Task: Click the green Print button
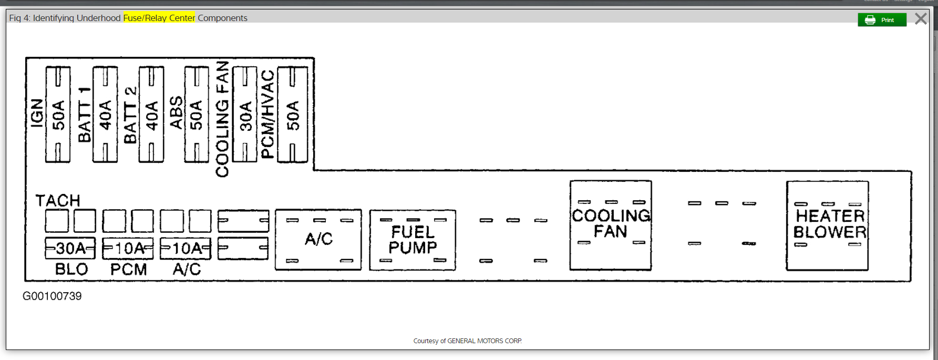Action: click(x=882, y=20)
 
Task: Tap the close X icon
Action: click(x=921, y=19)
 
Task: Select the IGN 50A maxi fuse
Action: click(x=58, y=114)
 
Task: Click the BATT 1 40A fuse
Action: click(x=105, y=114)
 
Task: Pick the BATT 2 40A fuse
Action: click(x=151, y=114)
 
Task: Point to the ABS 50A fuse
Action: click(x=197, y=114)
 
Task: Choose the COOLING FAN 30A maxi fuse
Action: click(x=245, y=114)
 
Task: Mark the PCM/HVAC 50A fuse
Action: click(x=292, y=114)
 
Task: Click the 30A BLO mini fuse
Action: click(x=70, y=248)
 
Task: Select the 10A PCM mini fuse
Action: click(x=128, y=248)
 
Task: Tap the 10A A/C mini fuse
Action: click(x=185, y=248)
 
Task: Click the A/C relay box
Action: click(x=318, y=240)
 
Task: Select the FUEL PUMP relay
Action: click(x=413, y=240)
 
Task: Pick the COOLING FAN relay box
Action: click(x=611, y=225)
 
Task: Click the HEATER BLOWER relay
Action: click(x=827, y=225)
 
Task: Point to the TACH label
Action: click(x=58, y=200)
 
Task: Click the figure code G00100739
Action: click(x=52, y=296)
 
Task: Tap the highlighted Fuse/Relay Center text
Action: click(x=159, y=18)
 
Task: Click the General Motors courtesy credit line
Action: click(x=467, y=341)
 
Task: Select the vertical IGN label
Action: click(x=37, y=113)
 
